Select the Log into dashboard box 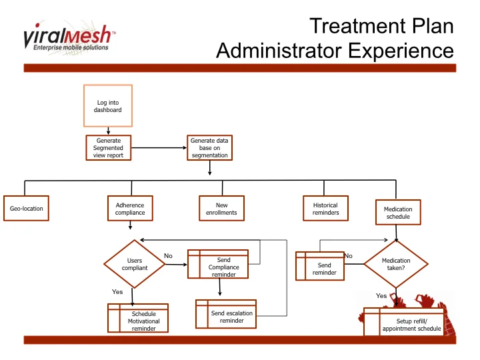[108, 106]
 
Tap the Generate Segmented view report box [109, 148]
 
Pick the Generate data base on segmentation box [210, 148]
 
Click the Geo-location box [27, 209]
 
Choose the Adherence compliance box [130, 209]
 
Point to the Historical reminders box [325, 209]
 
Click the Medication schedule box [398, 213]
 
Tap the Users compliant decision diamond [134, 265]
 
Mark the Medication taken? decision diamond [396, 265]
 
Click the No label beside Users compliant [168, 256]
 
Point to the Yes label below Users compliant [117, 292]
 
